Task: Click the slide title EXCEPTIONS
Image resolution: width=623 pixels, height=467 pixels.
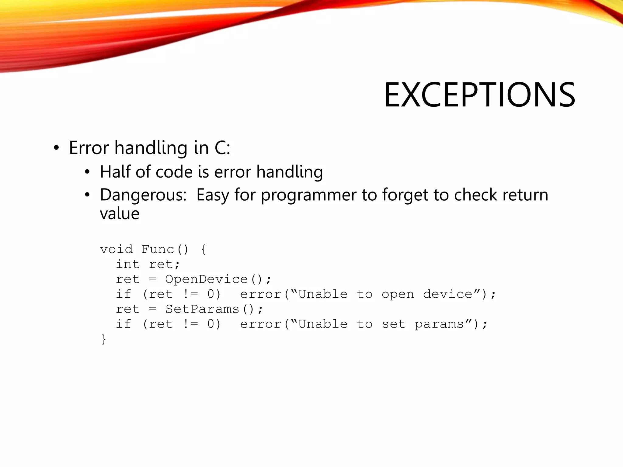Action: pos(479,95)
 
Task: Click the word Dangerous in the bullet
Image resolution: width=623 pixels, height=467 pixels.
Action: pos(143,195)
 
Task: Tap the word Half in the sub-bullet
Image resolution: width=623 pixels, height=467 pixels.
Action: pos(115,172)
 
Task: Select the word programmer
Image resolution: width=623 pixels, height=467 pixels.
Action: pos(308,195)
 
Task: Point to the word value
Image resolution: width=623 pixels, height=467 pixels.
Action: pos(120,213)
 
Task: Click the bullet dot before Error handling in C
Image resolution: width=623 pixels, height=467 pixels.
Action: pos(56,148)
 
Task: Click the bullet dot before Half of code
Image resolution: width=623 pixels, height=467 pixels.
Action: pos(88,172)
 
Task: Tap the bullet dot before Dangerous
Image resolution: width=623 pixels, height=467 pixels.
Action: pos(88,195)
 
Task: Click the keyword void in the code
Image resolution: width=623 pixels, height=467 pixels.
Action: pos(116,249)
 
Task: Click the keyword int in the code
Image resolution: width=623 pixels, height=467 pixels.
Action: pos(127,264)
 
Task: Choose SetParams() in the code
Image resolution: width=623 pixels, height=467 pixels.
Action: pos(210,309)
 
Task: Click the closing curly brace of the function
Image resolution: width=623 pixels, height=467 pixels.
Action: pos(104,339)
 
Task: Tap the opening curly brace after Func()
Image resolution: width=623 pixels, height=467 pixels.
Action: pos(204,250)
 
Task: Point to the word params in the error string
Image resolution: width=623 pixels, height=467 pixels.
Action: pos(439,324)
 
